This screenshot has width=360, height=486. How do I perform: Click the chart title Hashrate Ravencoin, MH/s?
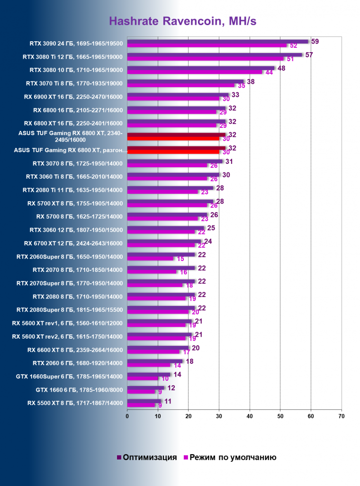pyautogui.click(x=183, y=21)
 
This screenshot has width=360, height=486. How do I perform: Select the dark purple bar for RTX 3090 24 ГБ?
pyautogui.click(x=217, y=42)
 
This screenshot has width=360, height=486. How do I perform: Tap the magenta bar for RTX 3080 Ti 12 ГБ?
pyautogui.click(x=205, y=59)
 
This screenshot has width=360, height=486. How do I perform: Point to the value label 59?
pyautogui.click(x=315, y=42)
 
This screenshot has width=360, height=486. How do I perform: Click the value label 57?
pyautogui.click(x=309, y=55)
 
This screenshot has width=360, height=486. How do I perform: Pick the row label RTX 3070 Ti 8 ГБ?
pyautogui.click(x=74, y=83)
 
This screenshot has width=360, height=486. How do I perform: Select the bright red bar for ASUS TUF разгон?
pyautogui.click(x=173, y=152)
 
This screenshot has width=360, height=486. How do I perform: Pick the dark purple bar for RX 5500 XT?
pyautogui.click(x=144, y=401)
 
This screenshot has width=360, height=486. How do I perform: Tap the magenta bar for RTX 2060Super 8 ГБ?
pyautogui.click(x=150, y=259)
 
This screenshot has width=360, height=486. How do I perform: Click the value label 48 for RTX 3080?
pyautogui.click(x=281, y=68)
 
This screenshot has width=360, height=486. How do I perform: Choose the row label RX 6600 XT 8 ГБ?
pyautogui.click(x=75, y=350)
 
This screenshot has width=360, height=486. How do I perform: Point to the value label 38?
pyautogui.click(x=251, y=81)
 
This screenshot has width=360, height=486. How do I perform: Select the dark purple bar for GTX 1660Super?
pyautogui.click(x=148, y=375)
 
